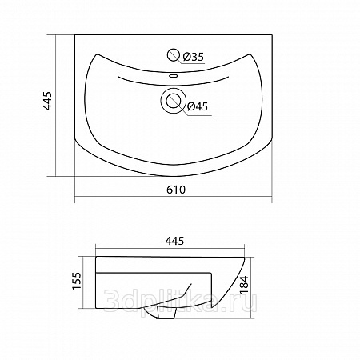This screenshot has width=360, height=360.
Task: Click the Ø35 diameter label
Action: point(194,57)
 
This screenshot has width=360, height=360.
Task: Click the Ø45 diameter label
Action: point(198,106)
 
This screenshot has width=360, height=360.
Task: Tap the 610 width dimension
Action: point(176,190)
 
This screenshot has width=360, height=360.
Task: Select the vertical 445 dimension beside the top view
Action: point(47,101)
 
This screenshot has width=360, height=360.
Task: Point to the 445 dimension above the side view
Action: point(174,241)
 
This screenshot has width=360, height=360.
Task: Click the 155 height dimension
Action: point(77,281)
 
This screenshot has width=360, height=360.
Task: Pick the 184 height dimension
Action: point(244,285)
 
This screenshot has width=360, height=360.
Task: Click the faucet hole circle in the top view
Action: point(174,55)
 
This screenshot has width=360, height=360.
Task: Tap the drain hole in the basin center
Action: point(174,101)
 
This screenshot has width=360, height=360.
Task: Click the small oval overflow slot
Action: point(174,76)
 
